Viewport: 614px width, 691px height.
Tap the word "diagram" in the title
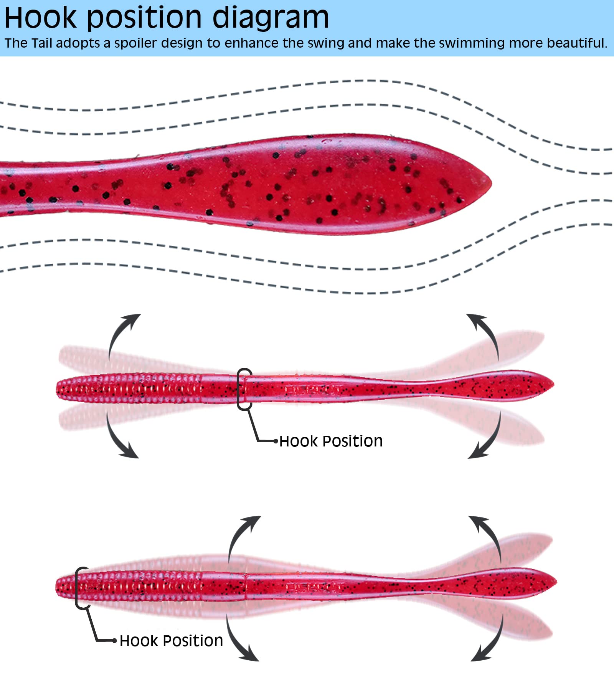point(271,18)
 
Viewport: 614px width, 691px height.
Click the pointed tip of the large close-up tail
point(491,183)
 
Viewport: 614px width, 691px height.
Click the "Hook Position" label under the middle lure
point(331,441)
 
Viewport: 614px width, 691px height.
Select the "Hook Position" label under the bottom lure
point(171,641)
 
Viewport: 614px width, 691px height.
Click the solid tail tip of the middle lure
point(553,385)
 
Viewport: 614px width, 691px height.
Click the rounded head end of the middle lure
point(57,389)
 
